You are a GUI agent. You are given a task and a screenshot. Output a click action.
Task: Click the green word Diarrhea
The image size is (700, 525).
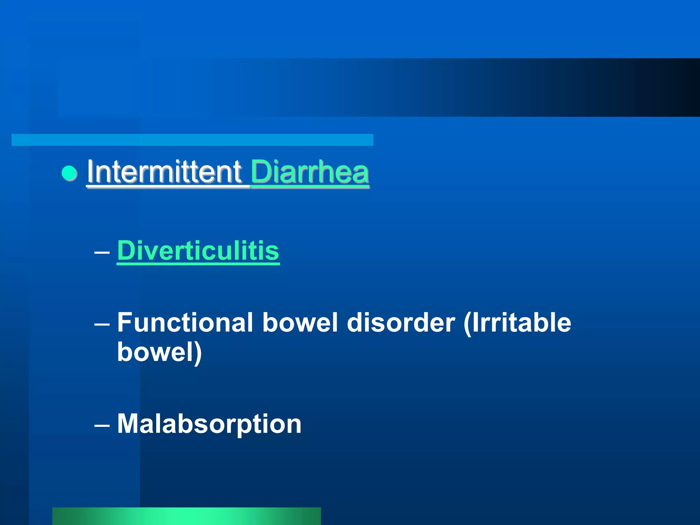[310, 172]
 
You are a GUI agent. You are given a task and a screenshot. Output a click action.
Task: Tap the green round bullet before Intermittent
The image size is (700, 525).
[69, 173]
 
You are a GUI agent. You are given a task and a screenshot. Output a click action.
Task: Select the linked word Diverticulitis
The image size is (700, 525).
[198, 251]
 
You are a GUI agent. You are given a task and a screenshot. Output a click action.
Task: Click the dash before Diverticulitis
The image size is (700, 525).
[102, 253]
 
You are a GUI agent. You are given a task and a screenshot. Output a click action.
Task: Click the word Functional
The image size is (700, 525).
[185, 322]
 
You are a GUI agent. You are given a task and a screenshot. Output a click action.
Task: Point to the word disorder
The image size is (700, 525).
[401, 322]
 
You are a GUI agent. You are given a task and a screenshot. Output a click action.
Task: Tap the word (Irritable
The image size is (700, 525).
[517, 322]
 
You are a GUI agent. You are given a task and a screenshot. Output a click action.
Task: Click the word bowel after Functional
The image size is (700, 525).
[300, 322]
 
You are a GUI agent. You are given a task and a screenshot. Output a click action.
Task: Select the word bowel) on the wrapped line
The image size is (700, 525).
[159, 352]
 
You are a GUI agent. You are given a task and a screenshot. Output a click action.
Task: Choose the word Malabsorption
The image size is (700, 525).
[209, 424]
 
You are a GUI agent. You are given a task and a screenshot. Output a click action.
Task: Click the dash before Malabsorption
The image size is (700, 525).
[102, 426]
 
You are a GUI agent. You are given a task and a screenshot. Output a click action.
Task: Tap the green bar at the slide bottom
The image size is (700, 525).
[187, 516]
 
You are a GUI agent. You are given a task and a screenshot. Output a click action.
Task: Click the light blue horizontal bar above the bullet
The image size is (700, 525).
[192, 140]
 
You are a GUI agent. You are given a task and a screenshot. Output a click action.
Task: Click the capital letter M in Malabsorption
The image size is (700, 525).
[129, 423]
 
